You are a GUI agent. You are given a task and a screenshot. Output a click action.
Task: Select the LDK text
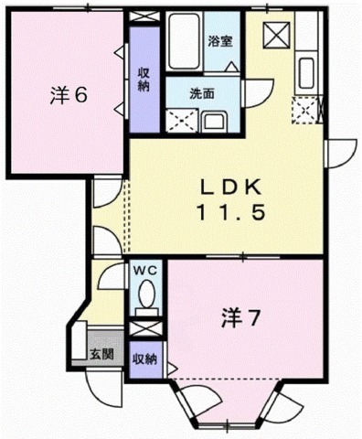(232, 186)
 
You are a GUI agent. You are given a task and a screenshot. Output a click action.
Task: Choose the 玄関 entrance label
(101, 354)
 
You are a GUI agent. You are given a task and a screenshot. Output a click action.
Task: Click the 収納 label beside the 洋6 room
(144, 80)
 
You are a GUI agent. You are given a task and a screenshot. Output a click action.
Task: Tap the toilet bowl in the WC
(146, 295)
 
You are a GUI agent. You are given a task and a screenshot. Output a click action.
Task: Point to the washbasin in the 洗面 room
(216, 122)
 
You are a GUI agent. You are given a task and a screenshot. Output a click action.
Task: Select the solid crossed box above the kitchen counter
(277, 36)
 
